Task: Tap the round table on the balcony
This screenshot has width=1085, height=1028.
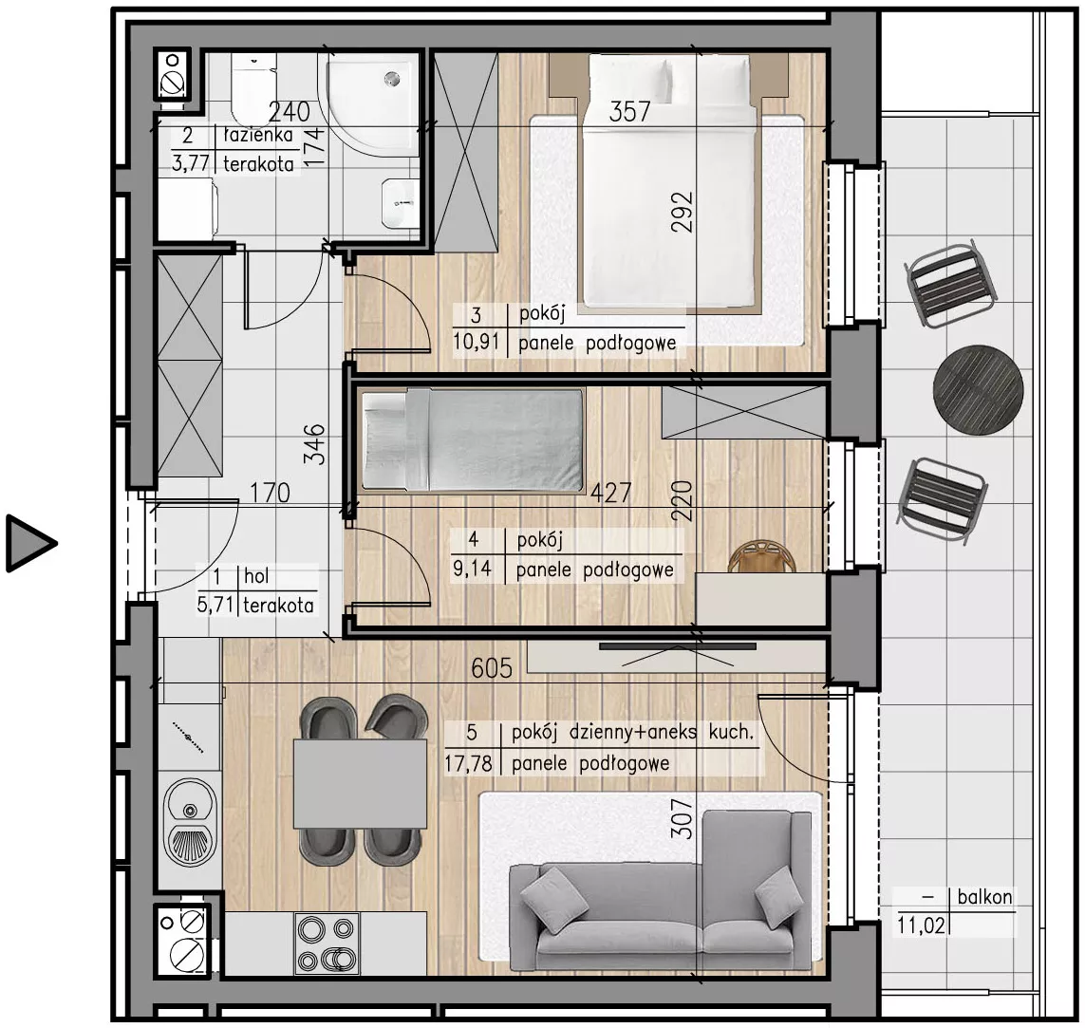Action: coord(978,389)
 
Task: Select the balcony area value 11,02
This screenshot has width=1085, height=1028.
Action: coord(921,925)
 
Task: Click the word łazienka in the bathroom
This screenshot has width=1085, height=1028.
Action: coord(258,135)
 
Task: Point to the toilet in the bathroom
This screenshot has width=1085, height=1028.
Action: coord(254,90)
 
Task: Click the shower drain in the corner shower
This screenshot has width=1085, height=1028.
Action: coord(393,80)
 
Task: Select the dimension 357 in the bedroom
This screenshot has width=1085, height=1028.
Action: coord(629,112)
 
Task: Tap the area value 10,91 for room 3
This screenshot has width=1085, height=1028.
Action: coord(477,342)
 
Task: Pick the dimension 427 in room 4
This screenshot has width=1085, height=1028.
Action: coord(611,494)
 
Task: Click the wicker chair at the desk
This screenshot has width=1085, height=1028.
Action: coord(762,557)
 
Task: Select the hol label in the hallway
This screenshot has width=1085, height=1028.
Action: coord(256,575)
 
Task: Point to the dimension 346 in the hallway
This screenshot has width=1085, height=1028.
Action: coord(315,444)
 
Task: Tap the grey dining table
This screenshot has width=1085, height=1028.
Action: coord(360,783)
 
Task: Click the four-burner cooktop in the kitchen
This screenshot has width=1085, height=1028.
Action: coord(327,944)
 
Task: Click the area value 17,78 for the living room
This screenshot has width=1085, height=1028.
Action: coord(469,764)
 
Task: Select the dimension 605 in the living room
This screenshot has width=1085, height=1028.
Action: coord(492,668)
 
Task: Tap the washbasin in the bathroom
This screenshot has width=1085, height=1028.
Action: coord(400,203)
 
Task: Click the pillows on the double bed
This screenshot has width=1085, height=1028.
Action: coord(667,81)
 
